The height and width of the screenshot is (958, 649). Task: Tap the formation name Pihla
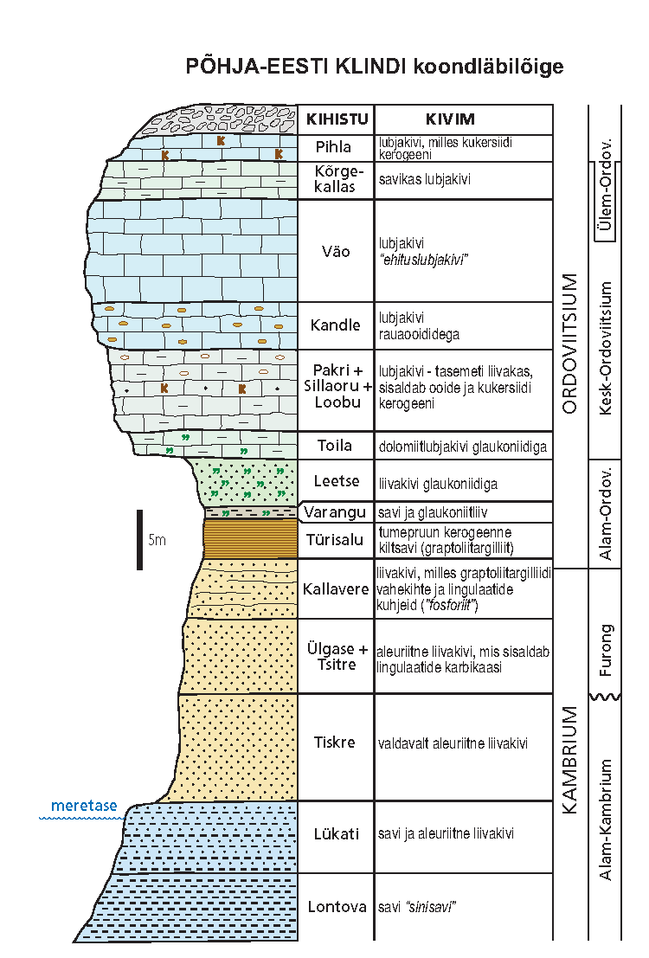tap(335, 147)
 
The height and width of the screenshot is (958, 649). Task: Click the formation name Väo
tap(335, 252)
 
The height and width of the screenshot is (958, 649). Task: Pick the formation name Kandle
tap(335, 325)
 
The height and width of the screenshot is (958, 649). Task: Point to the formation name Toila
tap(335, 446)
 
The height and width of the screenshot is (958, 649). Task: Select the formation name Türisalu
tap(335, 540)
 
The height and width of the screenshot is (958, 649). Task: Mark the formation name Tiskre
tap(335, 743)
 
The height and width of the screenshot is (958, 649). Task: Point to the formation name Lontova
tap(335, 907)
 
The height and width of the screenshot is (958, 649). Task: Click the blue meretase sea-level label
tap(84, 806)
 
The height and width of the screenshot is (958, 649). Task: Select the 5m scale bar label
tap(157, 541)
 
